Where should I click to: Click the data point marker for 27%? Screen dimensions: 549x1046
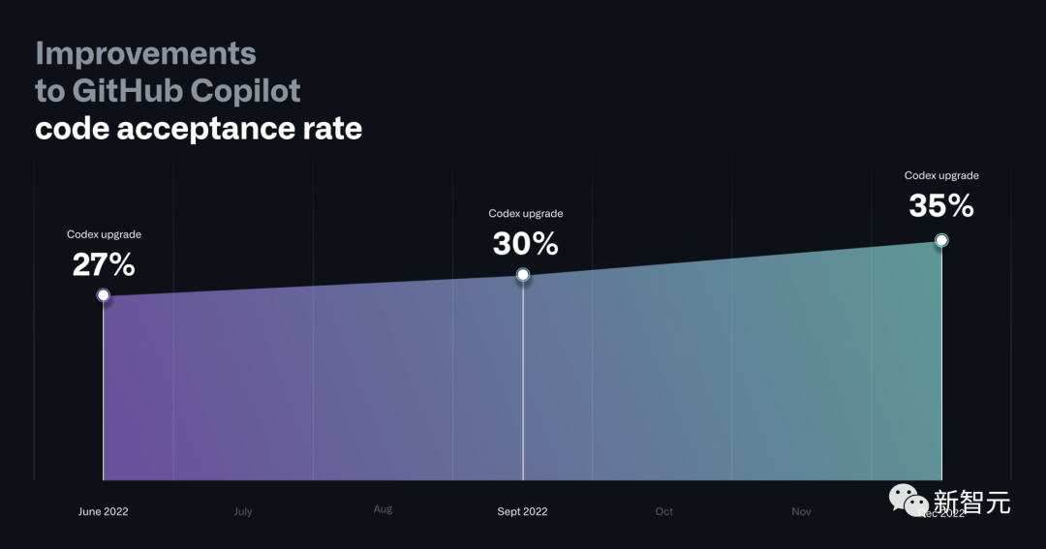[x=104, y=294]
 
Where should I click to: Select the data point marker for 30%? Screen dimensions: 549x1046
[x=523, y=275]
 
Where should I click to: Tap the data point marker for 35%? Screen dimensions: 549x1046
[x=941, y=240]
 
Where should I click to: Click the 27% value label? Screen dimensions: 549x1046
[x=104, y=263]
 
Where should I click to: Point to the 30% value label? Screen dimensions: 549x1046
[x=525, y=243]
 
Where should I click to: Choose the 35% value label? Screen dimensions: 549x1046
[x=940, y=205]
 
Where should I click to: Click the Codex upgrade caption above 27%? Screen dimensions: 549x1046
[x=104, y=234]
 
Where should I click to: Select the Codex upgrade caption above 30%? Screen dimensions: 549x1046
[x=525, y=214]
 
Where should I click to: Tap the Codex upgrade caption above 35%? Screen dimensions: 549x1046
[x=941, y=176]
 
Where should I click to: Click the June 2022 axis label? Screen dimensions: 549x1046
[x=104, y=511]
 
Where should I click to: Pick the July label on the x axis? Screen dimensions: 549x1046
[x=243, y=511]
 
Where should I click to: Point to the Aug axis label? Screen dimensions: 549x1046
[x=383, y=509]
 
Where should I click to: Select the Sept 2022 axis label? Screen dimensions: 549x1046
[x=522, y=511]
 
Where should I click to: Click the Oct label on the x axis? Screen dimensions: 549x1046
[x=663, y=511]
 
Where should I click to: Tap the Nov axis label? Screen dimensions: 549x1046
[x=801, y=511]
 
